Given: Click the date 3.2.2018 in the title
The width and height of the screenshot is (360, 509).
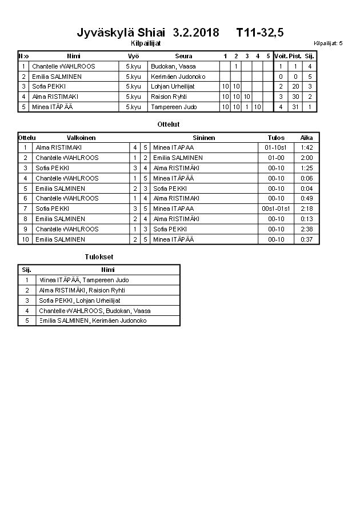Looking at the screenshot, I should pyautogui.click(x=195, y=33).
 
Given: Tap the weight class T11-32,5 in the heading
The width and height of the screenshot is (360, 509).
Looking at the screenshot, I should pyautogui.click(x=260, y=33).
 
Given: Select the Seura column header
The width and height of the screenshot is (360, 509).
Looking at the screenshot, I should pyautogui.click(x=183, y=56).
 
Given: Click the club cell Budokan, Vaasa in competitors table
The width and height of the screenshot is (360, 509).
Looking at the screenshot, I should pyautogui.click(x=174, y=66).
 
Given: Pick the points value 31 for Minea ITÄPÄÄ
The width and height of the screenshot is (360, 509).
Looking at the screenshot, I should pyautogui.click(x=295, y=107).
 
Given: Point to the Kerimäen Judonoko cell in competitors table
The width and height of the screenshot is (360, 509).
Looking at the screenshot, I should pyautogui.click(x=178, y=77).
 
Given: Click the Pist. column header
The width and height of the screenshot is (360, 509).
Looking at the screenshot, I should pyautogui.click(x=295, y=56).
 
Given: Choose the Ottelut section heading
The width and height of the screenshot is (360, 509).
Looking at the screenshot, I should pyautogui.click(x=168, y=124).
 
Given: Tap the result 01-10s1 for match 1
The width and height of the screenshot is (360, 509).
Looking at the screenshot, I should pyautogui.click(x=276, y=147).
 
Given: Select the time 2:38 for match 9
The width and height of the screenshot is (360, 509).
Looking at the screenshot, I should pyautogui.click(x=307, y=229).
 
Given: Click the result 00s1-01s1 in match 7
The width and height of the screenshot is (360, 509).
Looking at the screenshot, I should pyautogui.click(x=276, y=209).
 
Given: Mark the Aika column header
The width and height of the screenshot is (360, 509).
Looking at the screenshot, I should pyautogui.click(x=307, y=138).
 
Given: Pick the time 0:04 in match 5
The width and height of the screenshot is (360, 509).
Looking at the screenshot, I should pyautogui.click(x=307, y=189).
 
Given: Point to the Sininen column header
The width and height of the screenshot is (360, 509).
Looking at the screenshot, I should pyautogui.click(x=204, y=138).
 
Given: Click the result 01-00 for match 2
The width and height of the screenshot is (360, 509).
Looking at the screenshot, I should pyautogui.click(x=276, y=158).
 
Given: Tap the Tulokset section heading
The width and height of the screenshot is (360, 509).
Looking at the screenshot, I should pyautogui.click(x=99, y=257).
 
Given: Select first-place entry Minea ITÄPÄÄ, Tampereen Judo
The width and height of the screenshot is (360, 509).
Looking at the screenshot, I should pyautogui.click(x=84, y=280).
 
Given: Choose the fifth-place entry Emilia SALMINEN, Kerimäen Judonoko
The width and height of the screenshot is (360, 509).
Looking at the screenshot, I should pyautogui.click(x=93, y=321).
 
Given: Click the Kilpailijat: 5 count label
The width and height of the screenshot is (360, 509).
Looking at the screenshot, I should pyautogui.click(x=328, y=43).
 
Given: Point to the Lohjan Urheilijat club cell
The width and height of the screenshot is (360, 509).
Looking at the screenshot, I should pyautogui.click(x=173, y=87).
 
